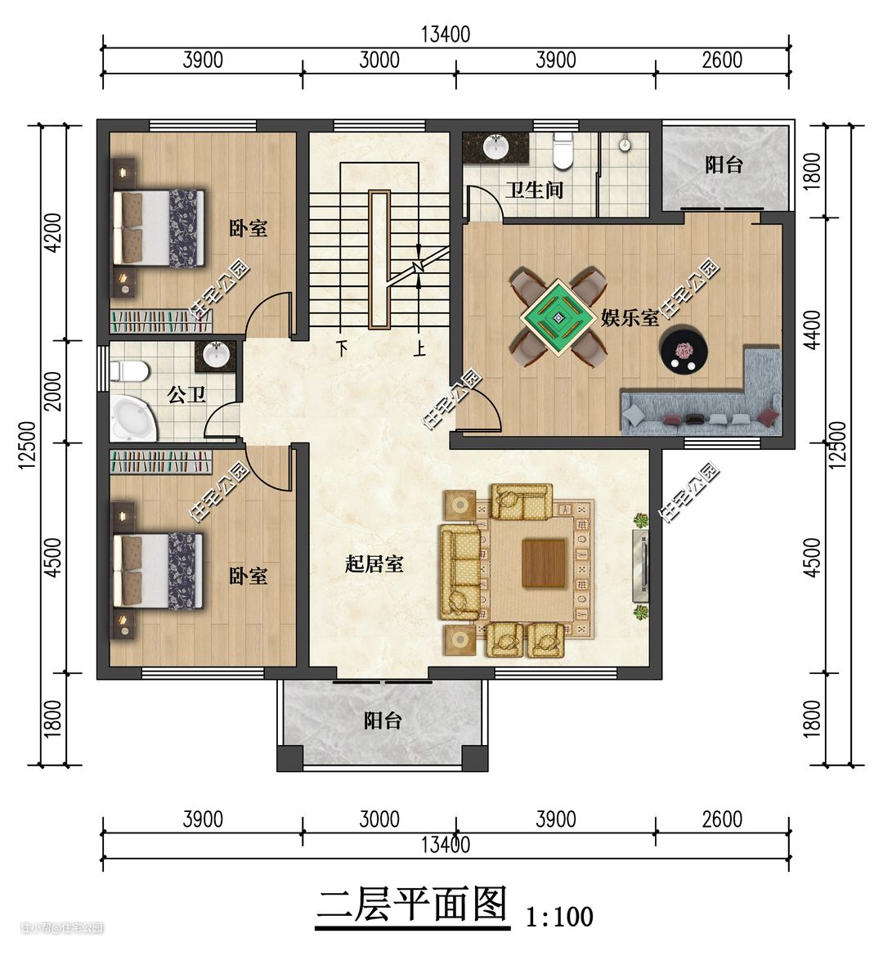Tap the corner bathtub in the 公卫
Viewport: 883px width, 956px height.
[x=132, y=418]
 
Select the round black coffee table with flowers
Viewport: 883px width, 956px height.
[x=684, y=350]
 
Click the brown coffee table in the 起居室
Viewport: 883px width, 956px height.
[x=545, y=563]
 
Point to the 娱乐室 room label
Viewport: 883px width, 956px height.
[x=630, y=317]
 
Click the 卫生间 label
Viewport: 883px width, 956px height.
[x=534, y=191]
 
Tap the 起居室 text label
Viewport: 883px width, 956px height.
[x=374, y=563]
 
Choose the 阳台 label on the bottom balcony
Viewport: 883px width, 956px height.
[x=383, y=720]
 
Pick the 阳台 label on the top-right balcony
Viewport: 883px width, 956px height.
[x=724, y=164]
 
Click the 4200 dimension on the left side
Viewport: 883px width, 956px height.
[x=54, y=232]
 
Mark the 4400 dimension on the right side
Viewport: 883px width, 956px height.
[x=812, y=330]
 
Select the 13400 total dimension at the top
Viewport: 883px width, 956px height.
[x=446, y=34]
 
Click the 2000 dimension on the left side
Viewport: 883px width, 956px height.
[x=54, y=391]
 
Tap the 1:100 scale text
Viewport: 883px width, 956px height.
[x=559, y=916]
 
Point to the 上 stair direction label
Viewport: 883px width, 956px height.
[x=420, y=348]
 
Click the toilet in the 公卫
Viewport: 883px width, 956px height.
[x=129, y=370]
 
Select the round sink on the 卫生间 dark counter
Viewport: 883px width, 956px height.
[x=496, y=146]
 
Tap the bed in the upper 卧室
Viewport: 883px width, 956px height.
[x=159, y=228]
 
